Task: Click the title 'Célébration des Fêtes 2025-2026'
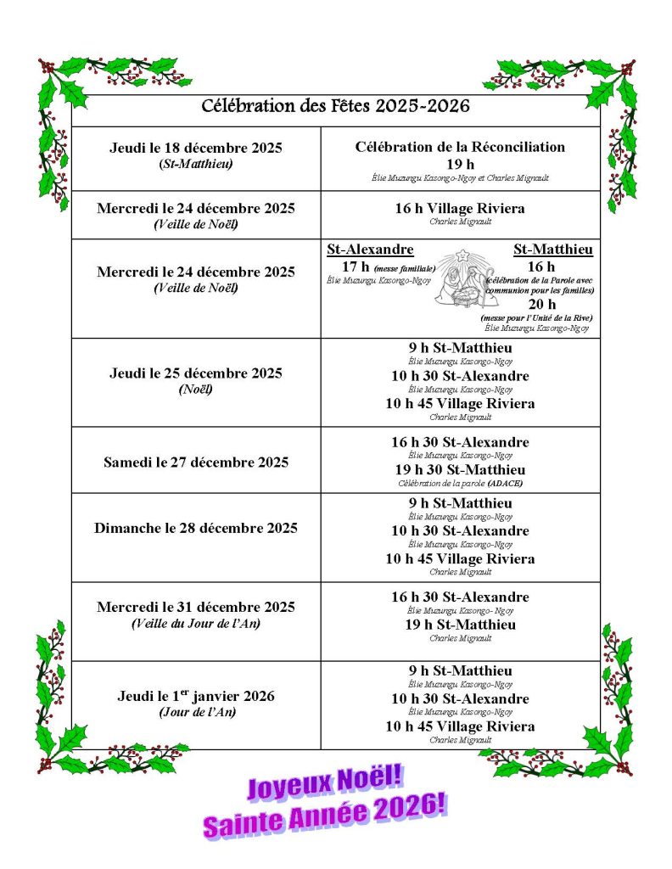(x=335, y=107)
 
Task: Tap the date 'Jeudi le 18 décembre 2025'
(x=196, y=148)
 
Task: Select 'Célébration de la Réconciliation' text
(x=460, y=147)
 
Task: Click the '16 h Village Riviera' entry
(x=460, y=209)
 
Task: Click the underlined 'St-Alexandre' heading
(x=370, y=249)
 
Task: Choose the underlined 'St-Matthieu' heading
(x=553, y=249)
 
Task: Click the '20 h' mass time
(x=542, y=304)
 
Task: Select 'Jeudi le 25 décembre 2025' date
(x=196, y=373)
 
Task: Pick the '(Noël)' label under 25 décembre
(x=196, y=390)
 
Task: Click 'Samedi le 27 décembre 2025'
(x=196, y=463)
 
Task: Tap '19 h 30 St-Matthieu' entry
(x=460, y=469)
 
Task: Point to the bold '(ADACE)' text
(x=505, y=483)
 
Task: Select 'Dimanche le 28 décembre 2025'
(x=196, y=528)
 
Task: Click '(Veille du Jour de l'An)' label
(x=196, y=624)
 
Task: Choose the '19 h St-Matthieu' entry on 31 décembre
(x=460, y=625)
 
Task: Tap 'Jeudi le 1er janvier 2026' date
(x=196, y=696)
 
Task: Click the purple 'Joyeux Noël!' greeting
(x=323, y=786)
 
